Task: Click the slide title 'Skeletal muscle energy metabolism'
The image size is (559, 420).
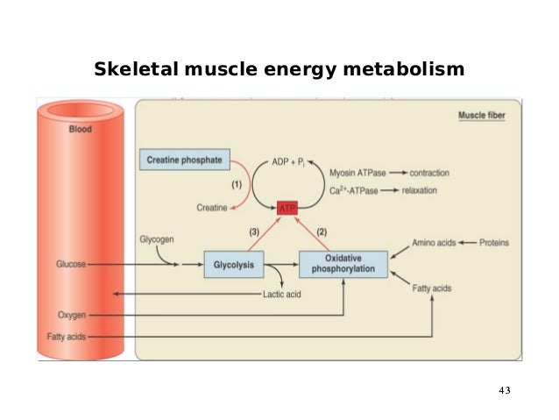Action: [x=279, y=68]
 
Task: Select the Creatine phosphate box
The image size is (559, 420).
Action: [x=183, y=160]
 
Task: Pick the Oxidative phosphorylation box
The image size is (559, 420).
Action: [x=343, y=264]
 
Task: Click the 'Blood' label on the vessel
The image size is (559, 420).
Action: [x=80, y=129]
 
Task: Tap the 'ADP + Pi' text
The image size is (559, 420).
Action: [x=287, y=165]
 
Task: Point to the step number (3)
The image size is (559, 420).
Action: [x=253, y=231]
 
